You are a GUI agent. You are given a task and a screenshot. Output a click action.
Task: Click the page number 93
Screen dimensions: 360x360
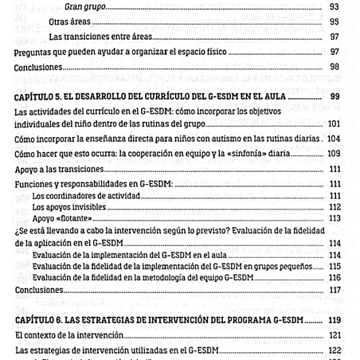(333, 7)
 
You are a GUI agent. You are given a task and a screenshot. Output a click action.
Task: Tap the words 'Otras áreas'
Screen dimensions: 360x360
(68, 22)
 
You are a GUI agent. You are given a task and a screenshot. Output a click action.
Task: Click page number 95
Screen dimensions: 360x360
(333, 22)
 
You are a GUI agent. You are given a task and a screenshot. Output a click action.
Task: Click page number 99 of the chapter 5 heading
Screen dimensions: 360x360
(333, 97)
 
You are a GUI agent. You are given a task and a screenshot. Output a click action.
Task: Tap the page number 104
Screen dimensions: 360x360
(333, 139)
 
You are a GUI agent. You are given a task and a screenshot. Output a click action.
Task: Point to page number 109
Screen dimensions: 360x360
(333, 153)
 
